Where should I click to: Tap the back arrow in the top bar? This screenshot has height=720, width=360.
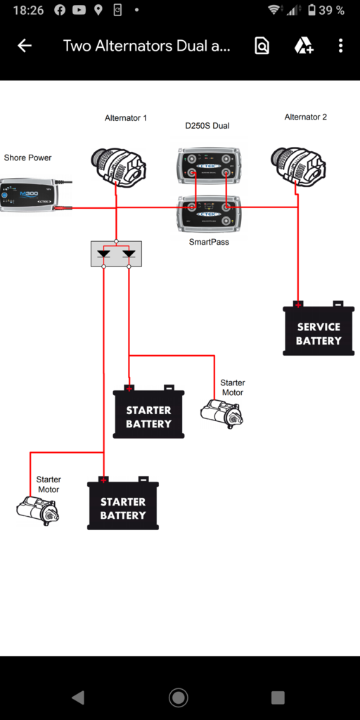25,46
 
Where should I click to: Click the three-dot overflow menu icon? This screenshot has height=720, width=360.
340,46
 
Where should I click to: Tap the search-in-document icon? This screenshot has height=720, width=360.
262,46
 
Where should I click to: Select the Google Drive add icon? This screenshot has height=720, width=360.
303,46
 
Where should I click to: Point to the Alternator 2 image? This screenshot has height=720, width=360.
298,166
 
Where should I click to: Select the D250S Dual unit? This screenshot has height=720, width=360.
208,166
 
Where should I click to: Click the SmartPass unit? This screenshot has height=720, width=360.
208,212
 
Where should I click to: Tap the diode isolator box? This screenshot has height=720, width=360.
116,254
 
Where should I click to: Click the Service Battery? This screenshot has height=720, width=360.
319,330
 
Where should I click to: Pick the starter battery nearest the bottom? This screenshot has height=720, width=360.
123,505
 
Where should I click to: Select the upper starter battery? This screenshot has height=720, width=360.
148,413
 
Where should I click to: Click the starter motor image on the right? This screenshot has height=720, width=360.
221,413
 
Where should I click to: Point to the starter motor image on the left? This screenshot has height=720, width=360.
38,510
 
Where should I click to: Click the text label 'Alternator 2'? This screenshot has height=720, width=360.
305,117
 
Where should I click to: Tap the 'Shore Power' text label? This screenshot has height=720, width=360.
27,157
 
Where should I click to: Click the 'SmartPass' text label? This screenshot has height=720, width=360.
208,241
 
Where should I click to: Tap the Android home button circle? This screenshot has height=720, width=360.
179,697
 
